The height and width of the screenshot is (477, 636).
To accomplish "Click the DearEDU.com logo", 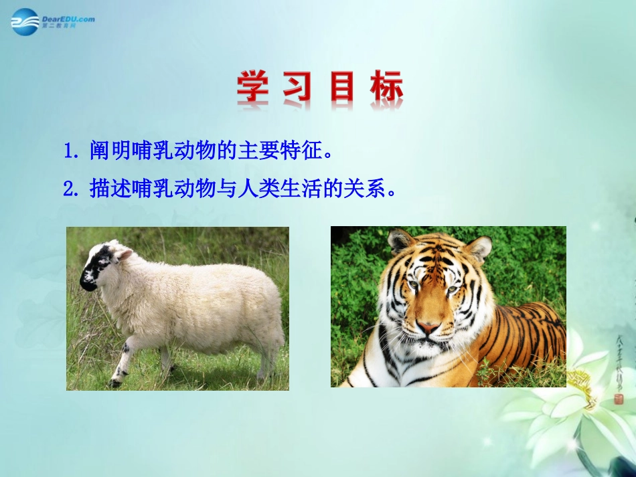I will pyautogui.click(x=52, y=21).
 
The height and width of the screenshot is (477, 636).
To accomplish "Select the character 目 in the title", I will pyautogui.click(x=341, y=87).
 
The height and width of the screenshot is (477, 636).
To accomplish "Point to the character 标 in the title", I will pyautogui.click(x=386, y=87).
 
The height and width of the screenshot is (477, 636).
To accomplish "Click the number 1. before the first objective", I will pyautogui.click(x=72, y=152).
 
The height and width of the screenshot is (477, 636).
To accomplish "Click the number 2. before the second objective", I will pyautogui.click(x=72, y=189).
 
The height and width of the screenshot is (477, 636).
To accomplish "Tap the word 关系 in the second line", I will pyautogui.click(x=370, y=189).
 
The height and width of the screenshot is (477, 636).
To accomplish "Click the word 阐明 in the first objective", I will pyautogui.click(x=108, y=152).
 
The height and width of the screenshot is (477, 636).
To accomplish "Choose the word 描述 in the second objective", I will pyautogui.click(x=108, y=189).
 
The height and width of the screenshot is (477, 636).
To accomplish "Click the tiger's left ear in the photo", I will pyautogui.click(x=400, y=242).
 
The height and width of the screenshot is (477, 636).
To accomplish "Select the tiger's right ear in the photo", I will pyautogui.click(x=479, y=248).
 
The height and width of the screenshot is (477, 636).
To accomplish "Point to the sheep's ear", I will pyautogui.click(x=125, y=255).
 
